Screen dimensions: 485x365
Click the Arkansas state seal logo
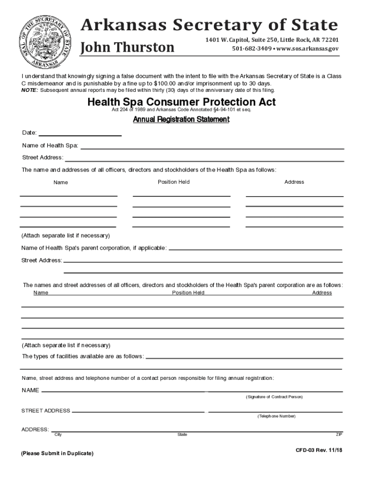tap(46, 40)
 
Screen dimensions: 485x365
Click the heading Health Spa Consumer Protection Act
tap(182, 102)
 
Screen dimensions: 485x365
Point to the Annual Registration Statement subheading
tap(181, 120)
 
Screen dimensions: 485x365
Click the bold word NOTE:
tap(30, 90)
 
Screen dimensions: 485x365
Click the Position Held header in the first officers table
tap(174, 182)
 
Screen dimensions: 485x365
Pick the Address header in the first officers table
tap(294, 182)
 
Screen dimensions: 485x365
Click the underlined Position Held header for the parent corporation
tap(188, 293)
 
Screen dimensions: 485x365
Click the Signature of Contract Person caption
tap(274, 397)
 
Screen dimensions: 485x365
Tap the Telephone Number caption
tap(276, 416)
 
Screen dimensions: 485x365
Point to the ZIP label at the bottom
tap(339, 435)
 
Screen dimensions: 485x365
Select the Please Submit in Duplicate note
tap(57, 454)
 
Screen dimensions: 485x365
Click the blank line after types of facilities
tap(244, 358)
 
